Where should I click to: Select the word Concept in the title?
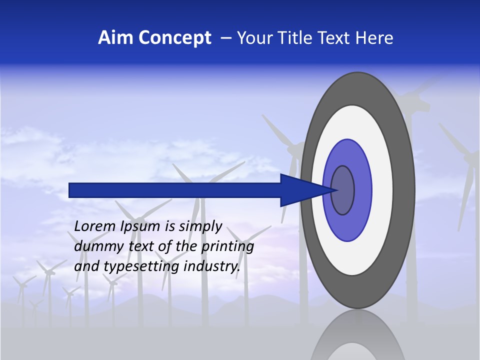tap(175, 38)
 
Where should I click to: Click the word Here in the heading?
tap(374, 38)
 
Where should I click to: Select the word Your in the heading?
tap(254, 38)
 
